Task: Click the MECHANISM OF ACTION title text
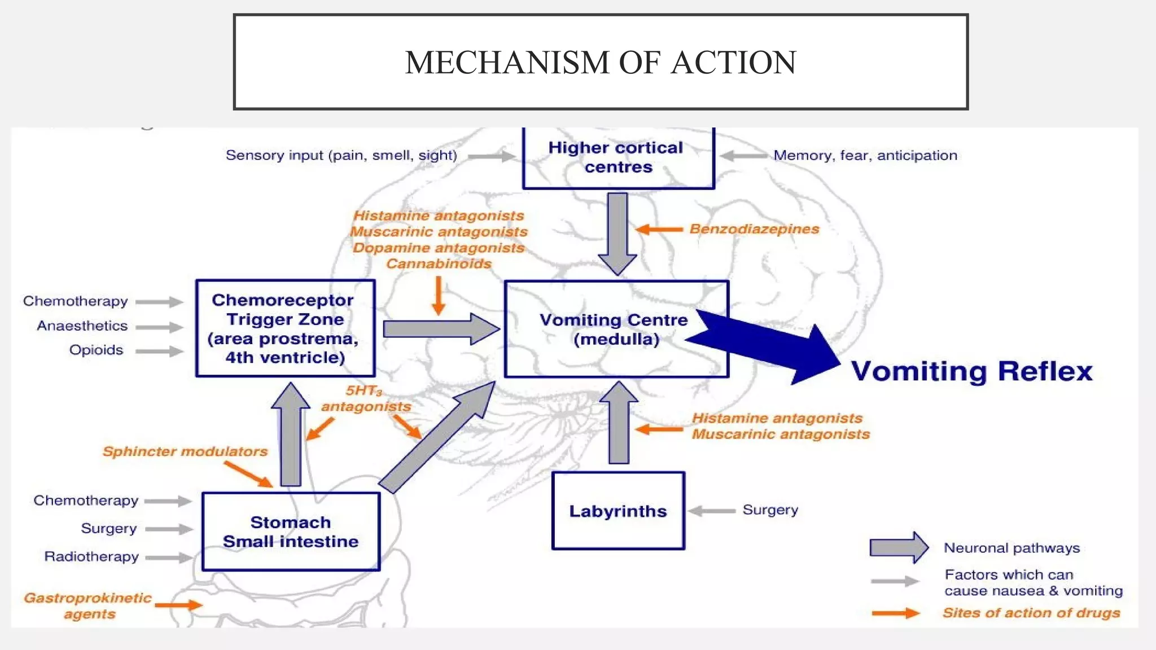click(x=601, y=62)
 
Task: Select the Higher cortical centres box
click(x=618, y=157)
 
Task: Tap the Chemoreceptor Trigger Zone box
click(x=285, y=328)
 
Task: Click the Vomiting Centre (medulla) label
click(x=614, y=330)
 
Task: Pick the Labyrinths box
click(x=618, y=511)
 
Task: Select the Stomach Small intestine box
click(x=291, y=532)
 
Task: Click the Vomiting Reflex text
click(x=971, y=371)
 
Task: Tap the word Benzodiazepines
click(x=754, y=229)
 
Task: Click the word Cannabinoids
click(x=439, y=264)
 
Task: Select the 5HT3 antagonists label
click(x=366, y=398)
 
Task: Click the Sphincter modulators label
click(x=185, y=451)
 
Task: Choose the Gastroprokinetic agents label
click(x=88, y=605)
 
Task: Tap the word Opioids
click(x=96, y=350)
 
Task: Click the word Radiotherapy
click(x=91, y=557)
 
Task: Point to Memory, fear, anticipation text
click(x=865, y=156)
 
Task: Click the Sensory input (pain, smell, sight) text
click(x=341, y=156)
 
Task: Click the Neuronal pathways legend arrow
click(x=899, y=547)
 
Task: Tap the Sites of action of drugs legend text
click(x=1031, y=613)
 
